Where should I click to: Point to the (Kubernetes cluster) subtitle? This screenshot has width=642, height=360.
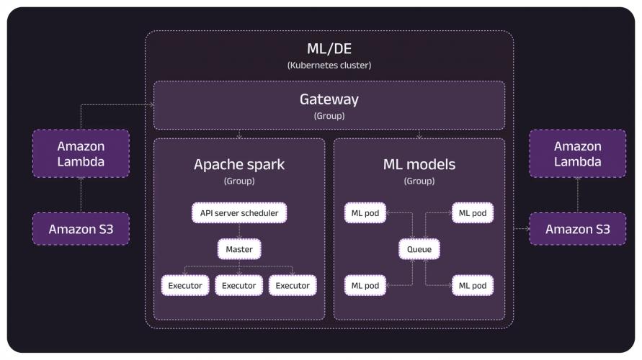(329, 66)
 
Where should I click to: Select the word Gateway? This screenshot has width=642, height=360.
(329, 99)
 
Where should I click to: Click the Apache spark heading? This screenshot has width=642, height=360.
(239, 164)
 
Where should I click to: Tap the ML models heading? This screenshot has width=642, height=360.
(419, 164)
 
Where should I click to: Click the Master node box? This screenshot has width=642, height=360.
(239, 249)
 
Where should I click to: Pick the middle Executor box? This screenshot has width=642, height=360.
(239, 286)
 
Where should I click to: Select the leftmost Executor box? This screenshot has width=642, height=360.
(185, 286)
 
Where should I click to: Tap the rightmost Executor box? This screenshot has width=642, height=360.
(293, 286)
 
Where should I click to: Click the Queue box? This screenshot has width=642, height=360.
(419, 249)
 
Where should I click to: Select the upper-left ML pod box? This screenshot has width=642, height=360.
(366, 213)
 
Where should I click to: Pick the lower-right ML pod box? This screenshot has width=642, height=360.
(473, 286)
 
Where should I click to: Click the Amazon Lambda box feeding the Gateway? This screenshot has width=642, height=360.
(81, 153)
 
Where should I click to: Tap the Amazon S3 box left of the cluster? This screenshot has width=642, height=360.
(81, 229)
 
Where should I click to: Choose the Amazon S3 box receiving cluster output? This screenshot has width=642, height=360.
(577, 229)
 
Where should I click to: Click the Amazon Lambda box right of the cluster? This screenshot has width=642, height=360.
(577, 153)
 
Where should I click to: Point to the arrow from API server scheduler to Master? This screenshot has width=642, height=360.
(239, 231)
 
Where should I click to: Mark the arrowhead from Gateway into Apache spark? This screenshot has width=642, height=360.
(239, 135)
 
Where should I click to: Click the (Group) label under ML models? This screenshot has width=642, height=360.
(419, 181)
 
